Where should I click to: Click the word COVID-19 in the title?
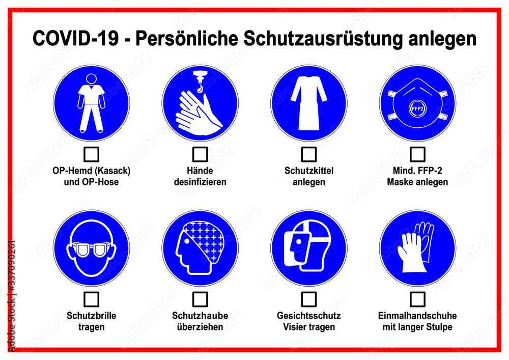pos(76,38)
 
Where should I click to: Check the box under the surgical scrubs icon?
pos(91,154)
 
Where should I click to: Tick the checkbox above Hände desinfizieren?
pos(200,154)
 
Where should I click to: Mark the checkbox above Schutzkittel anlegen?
pos(309,154)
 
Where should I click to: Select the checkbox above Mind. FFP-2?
pos(417,154)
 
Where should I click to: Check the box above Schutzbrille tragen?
pos(91,299)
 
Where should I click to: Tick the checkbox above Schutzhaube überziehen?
pos(200,299)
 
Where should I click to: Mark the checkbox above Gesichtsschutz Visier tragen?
pos(309,299)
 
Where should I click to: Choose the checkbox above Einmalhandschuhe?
pos(417,299)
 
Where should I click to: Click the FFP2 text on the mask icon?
pos(417,109)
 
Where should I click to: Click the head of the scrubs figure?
pos(91,79)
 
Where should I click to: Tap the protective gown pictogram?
pos(309,103)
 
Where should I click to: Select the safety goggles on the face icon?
pos(91,250)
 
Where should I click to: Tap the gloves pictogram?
pos(416,247)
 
